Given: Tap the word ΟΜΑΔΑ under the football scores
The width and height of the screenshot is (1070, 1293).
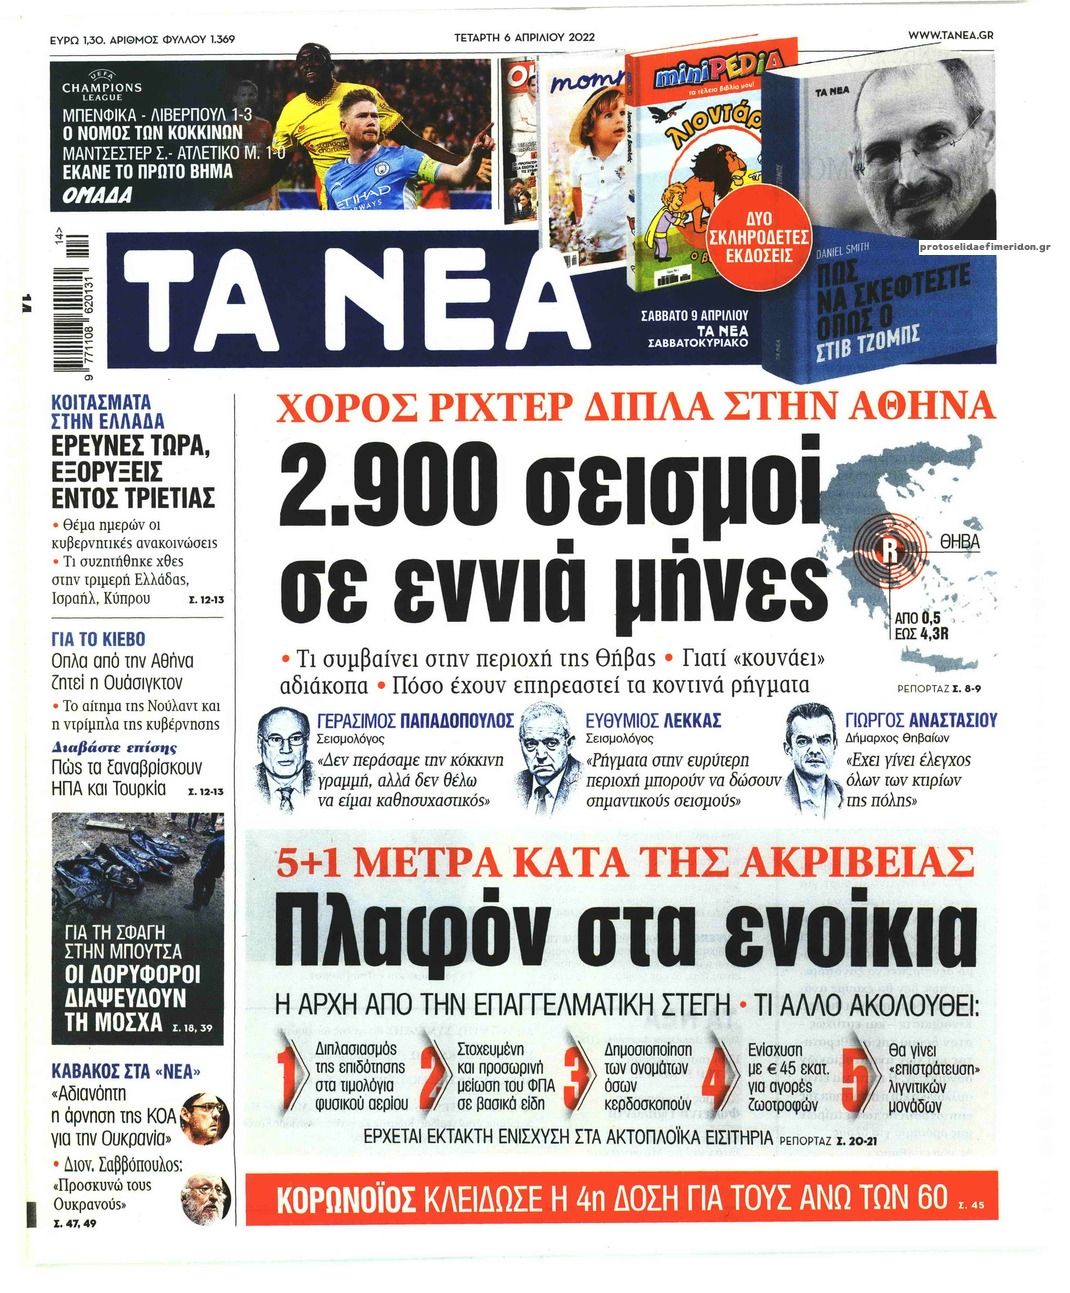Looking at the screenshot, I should point(91,194).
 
